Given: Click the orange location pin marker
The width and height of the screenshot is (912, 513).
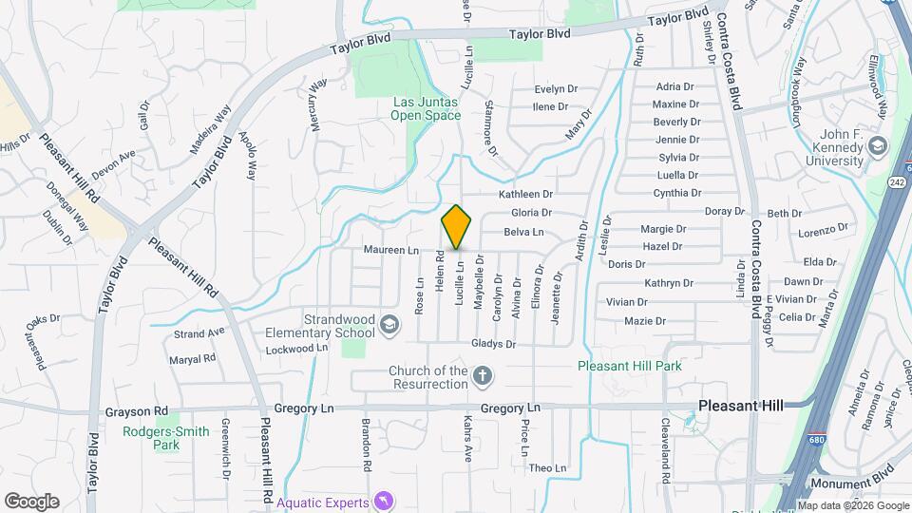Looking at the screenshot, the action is point(457,227).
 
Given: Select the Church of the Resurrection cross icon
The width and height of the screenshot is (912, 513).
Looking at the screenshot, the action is point(483,377).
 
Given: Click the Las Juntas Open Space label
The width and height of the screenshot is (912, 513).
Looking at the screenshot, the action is point(426,109).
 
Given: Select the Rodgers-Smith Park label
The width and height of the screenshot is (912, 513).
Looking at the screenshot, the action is point(165,437).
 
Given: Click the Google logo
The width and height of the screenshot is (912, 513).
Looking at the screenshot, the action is point(31,502).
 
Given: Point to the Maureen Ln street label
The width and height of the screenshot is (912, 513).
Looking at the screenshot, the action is point(390,250).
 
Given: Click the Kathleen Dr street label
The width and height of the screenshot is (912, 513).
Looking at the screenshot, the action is point(526,194).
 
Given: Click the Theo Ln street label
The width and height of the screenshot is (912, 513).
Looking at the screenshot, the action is point(547,468).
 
